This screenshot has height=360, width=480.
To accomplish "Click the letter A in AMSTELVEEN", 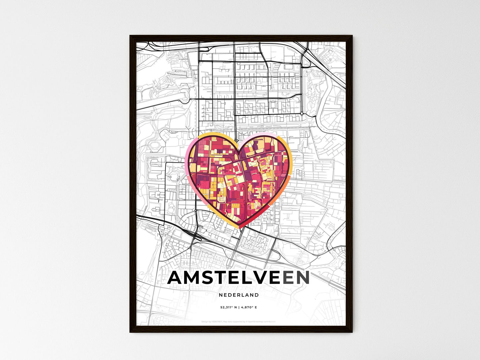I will click(176, 278).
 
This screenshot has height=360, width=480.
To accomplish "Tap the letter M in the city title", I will click(194, 278).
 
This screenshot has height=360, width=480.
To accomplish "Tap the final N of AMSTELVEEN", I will click(302, 278).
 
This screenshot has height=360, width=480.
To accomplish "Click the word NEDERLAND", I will click(239, 295).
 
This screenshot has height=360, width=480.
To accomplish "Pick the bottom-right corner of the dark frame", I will click(351, 332).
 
